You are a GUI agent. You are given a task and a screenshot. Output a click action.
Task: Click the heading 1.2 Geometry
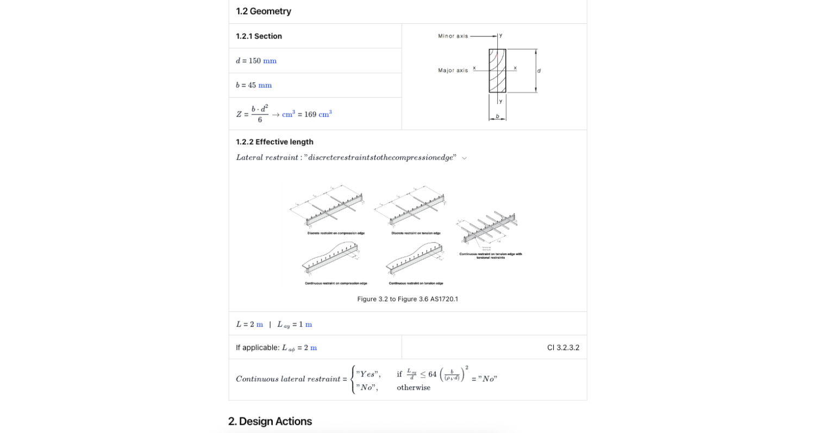(264, 11)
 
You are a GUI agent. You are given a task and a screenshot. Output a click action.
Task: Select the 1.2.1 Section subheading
(259, 36)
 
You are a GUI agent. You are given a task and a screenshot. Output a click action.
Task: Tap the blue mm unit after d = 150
(270, 61)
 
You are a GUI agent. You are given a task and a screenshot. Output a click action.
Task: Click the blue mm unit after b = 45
(265, 85)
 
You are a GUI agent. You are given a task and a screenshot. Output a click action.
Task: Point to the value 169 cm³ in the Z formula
(318, 114)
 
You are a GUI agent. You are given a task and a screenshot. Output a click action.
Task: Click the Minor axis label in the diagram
(453, 36)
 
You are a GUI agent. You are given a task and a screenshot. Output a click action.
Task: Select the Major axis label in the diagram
(453, 71)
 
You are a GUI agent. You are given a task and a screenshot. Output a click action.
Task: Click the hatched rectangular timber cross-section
(497, 71)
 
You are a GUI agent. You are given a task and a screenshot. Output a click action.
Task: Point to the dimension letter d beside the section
(539, 71)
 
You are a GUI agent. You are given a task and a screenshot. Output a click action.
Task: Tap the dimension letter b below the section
(497, 116)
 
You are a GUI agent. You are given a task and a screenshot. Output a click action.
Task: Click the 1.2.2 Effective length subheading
(274, 142)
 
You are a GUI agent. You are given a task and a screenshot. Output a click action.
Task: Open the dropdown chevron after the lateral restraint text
(464, 158)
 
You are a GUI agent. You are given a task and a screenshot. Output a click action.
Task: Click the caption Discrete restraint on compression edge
(336, 233)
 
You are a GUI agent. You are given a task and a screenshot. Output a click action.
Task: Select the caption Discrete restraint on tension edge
(416, 233)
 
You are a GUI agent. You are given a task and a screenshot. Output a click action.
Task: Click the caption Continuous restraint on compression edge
(336, 283)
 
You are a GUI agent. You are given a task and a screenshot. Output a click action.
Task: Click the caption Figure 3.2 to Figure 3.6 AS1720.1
(408, 299)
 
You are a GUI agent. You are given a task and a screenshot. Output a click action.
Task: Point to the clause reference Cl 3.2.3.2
(563, 348)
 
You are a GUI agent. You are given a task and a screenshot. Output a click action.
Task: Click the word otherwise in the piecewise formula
(414, 387)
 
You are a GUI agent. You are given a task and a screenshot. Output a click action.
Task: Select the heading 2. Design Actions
(270, 422)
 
